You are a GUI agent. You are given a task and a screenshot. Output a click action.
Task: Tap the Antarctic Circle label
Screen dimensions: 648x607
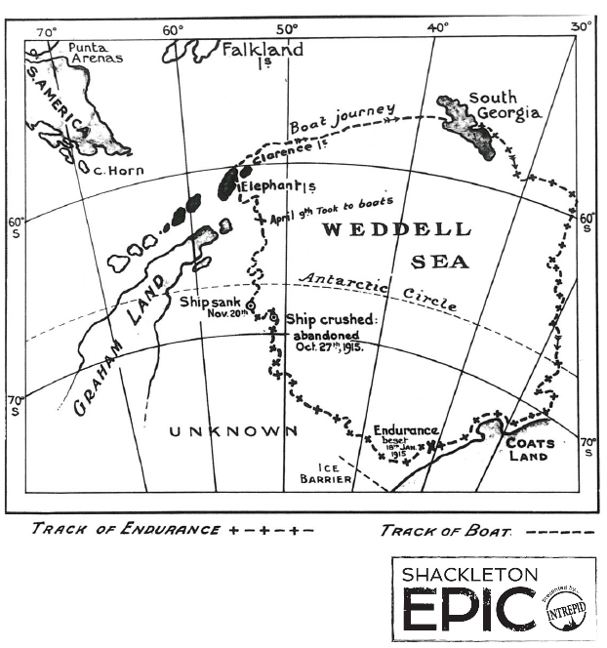coord(377,291)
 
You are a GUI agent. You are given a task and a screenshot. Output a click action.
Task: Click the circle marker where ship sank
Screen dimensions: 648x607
coord(250,305)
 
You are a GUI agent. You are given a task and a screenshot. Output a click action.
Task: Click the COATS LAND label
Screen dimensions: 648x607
coord(531,450)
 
